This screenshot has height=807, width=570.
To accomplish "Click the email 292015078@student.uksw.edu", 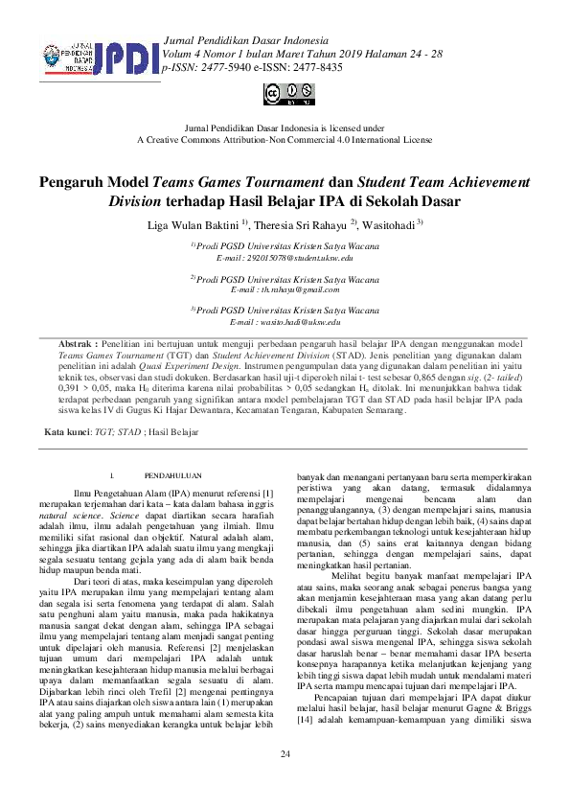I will coord(285,259).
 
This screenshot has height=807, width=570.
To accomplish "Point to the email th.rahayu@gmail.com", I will coord(285,289).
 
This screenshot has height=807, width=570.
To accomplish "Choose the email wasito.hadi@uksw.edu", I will coord(285,323).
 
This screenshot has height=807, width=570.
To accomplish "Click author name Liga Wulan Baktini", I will coord(193,226).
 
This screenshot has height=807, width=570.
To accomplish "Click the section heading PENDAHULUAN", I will coord(173,474).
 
